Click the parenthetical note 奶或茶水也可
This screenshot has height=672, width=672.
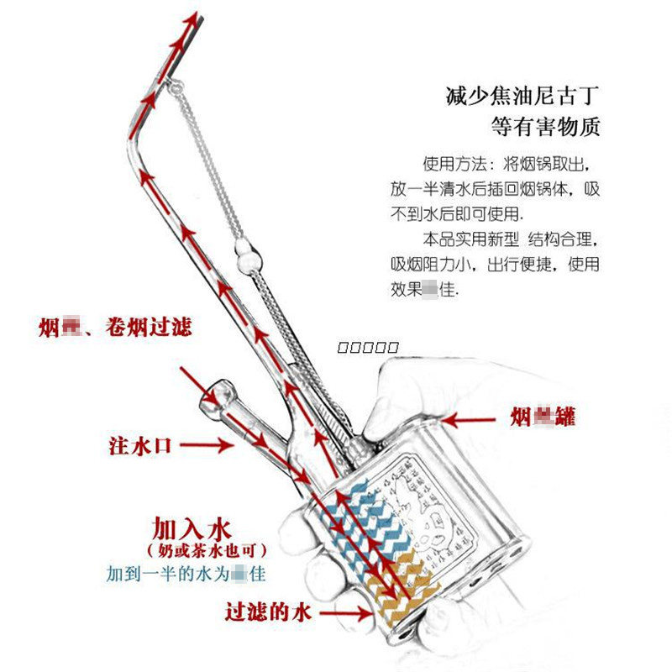(x=207, y=553)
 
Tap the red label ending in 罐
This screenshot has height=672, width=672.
(x=544, y=417)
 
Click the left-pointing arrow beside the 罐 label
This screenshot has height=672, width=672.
(x=470, y=417)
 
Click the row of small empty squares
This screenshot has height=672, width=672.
(x=366, y=346)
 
